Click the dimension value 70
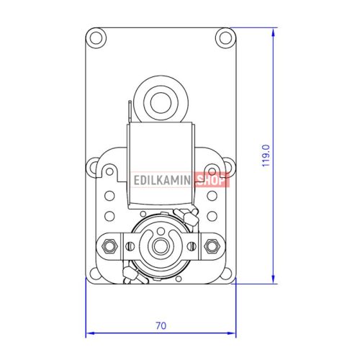161,325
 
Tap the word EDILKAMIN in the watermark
163,181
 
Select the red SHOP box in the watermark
212,181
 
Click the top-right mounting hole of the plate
225,37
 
